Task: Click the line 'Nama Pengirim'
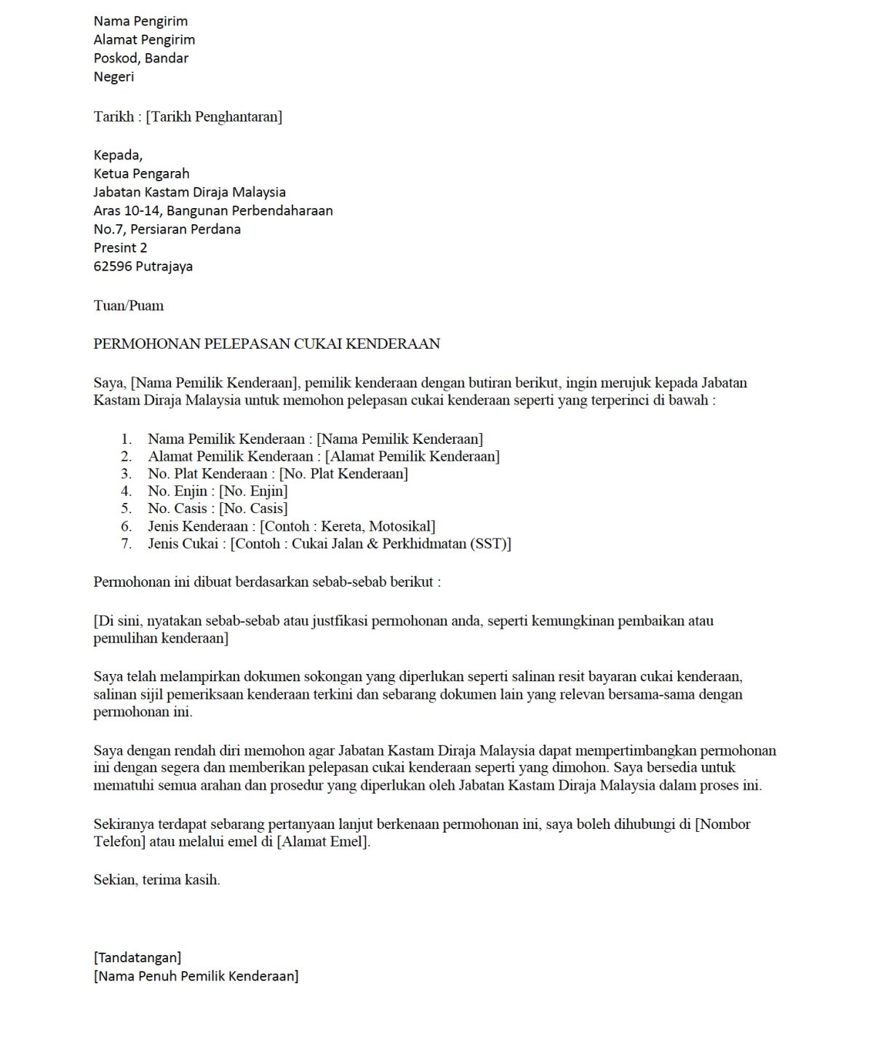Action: (x=140, y=21)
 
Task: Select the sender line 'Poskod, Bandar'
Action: (x=140, y=58)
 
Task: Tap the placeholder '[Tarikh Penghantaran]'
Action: (x=214, y=116)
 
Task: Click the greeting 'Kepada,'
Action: (x=118, y=155)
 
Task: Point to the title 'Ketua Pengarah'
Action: (x=141, y=174)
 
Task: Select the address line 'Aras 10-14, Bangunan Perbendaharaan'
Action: (x=213, y=211)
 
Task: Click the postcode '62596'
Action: (x=113, y=266)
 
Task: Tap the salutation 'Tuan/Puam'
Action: (x=128, y=306)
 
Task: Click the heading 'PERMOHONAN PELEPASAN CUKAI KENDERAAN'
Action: (x=266, y=344)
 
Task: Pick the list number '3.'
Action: (x=127, y=474)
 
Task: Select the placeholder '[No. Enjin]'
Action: (x=253, y=491)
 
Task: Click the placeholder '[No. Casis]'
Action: (x=253, y=509)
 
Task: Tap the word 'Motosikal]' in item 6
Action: (x=403, y=526)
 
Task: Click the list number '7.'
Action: (x=127, y=544)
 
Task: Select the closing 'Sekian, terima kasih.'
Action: (x=156, y=880)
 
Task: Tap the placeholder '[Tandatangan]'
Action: (x=137, y=958)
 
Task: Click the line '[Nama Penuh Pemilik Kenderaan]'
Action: (x=196, y=977)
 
